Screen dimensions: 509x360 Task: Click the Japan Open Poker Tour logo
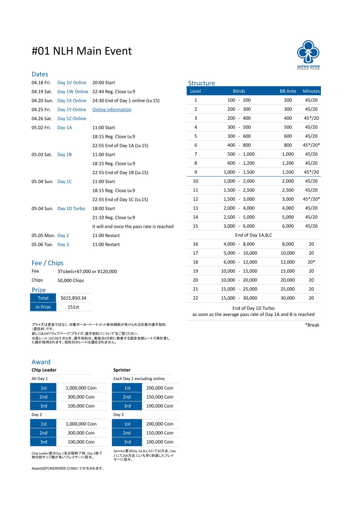(308, 54)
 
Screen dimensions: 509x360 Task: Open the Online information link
(112, 110)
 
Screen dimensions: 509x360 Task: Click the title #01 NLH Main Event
(82, 51)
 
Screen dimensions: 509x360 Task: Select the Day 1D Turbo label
(71, 209)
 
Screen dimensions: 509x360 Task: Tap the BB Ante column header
(288, 91)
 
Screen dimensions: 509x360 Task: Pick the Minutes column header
(311, 91)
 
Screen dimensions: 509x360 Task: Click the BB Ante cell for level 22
(287, 298)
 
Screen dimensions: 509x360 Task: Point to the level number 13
(195, 208)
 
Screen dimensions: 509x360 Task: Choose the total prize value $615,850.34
(73, 298)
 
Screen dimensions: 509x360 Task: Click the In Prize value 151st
(73, 307)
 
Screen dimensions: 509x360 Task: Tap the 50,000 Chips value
(70, 280)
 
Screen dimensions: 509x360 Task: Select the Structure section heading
(201, 83)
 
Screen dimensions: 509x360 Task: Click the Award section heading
(41, 362)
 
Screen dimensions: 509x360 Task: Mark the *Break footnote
(312, 325)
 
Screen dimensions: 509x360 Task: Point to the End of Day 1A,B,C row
(253, 235)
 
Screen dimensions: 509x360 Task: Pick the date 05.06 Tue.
(42, 245)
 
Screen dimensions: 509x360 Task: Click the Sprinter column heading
(122, 370)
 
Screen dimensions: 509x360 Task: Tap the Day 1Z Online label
(72, 119)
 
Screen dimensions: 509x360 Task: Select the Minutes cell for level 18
(311, 262)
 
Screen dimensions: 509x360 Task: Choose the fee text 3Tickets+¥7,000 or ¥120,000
(87, 271)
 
